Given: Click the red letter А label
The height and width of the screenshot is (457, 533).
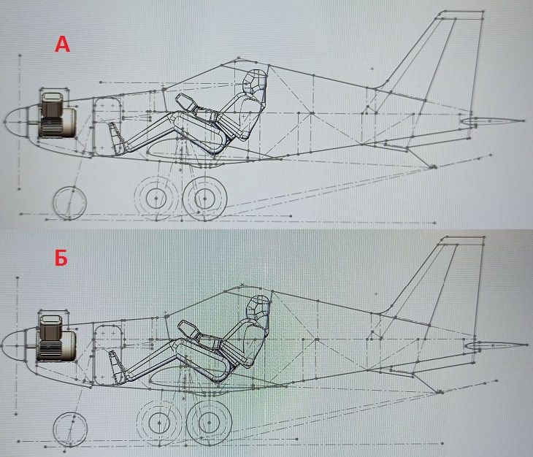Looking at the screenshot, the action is click(x=62, y=45).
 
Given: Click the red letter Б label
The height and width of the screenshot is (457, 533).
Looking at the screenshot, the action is click(x=61, y=258).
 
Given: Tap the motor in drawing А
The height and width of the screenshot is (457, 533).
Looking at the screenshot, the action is click(x=57, y=114).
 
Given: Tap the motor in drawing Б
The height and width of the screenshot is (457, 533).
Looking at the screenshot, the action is click(x=56, y=337).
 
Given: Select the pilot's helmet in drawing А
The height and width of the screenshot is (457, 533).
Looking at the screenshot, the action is click(x=255, y=80).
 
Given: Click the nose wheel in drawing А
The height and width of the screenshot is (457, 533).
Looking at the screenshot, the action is click(x=70, y=203).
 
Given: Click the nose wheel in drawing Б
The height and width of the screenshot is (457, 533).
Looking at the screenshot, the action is click(x=71, y=429).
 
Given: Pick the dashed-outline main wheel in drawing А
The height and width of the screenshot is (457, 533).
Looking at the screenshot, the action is click(x=156, y=198).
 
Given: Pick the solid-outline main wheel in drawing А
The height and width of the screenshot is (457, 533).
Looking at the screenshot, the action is click(x=204, y=199).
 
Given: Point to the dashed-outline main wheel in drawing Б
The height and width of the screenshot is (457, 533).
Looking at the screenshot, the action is click(x=159, y=423).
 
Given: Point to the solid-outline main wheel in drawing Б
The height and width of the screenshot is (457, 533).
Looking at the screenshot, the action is click(x=209, y=423).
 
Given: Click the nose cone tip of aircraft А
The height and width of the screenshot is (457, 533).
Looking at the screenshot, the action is click(x=4, y=121).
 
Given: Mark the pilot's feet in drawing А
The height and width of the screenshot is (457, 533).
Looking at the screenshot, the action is click(x=116, y=136).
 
